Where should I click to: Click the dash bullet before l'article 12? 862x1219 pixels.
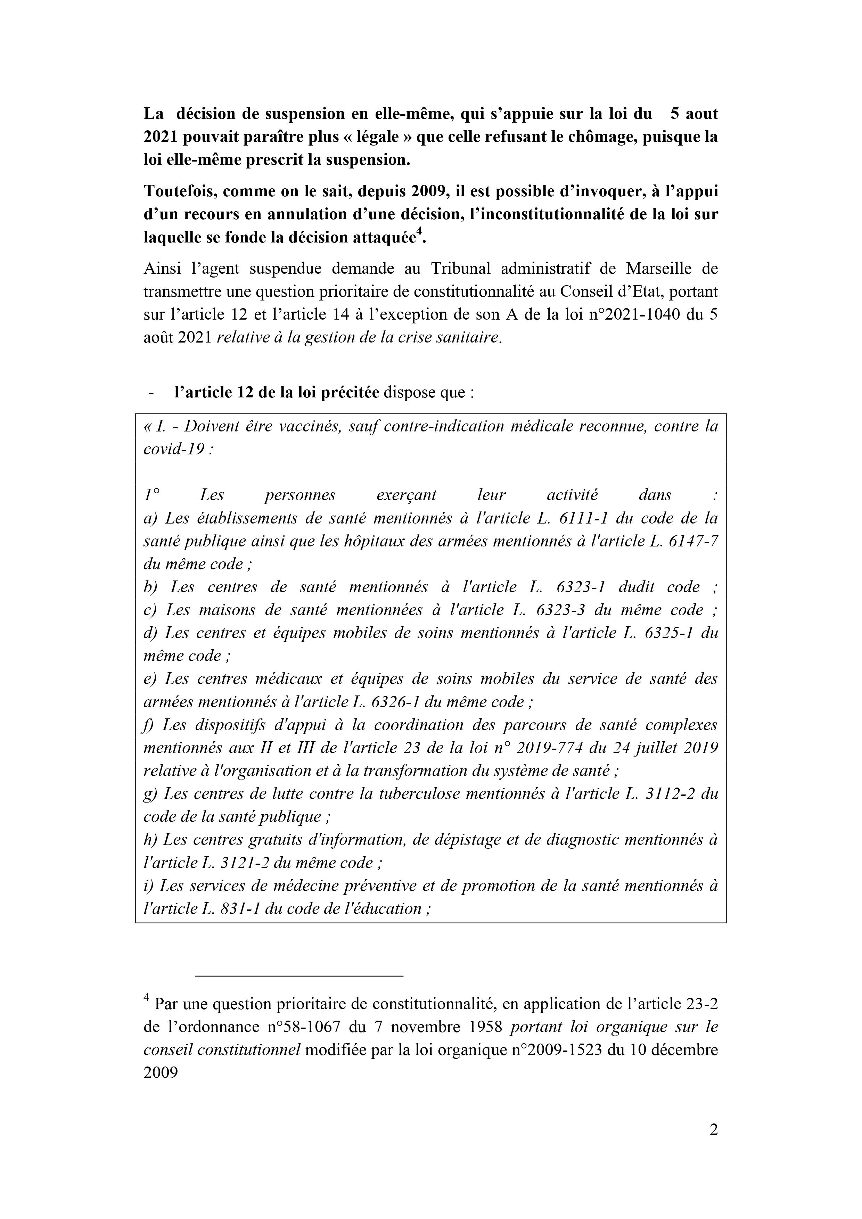[x=152, y=393]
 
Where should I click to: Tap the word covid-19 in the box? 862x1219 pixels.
[x=174, y=449]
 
